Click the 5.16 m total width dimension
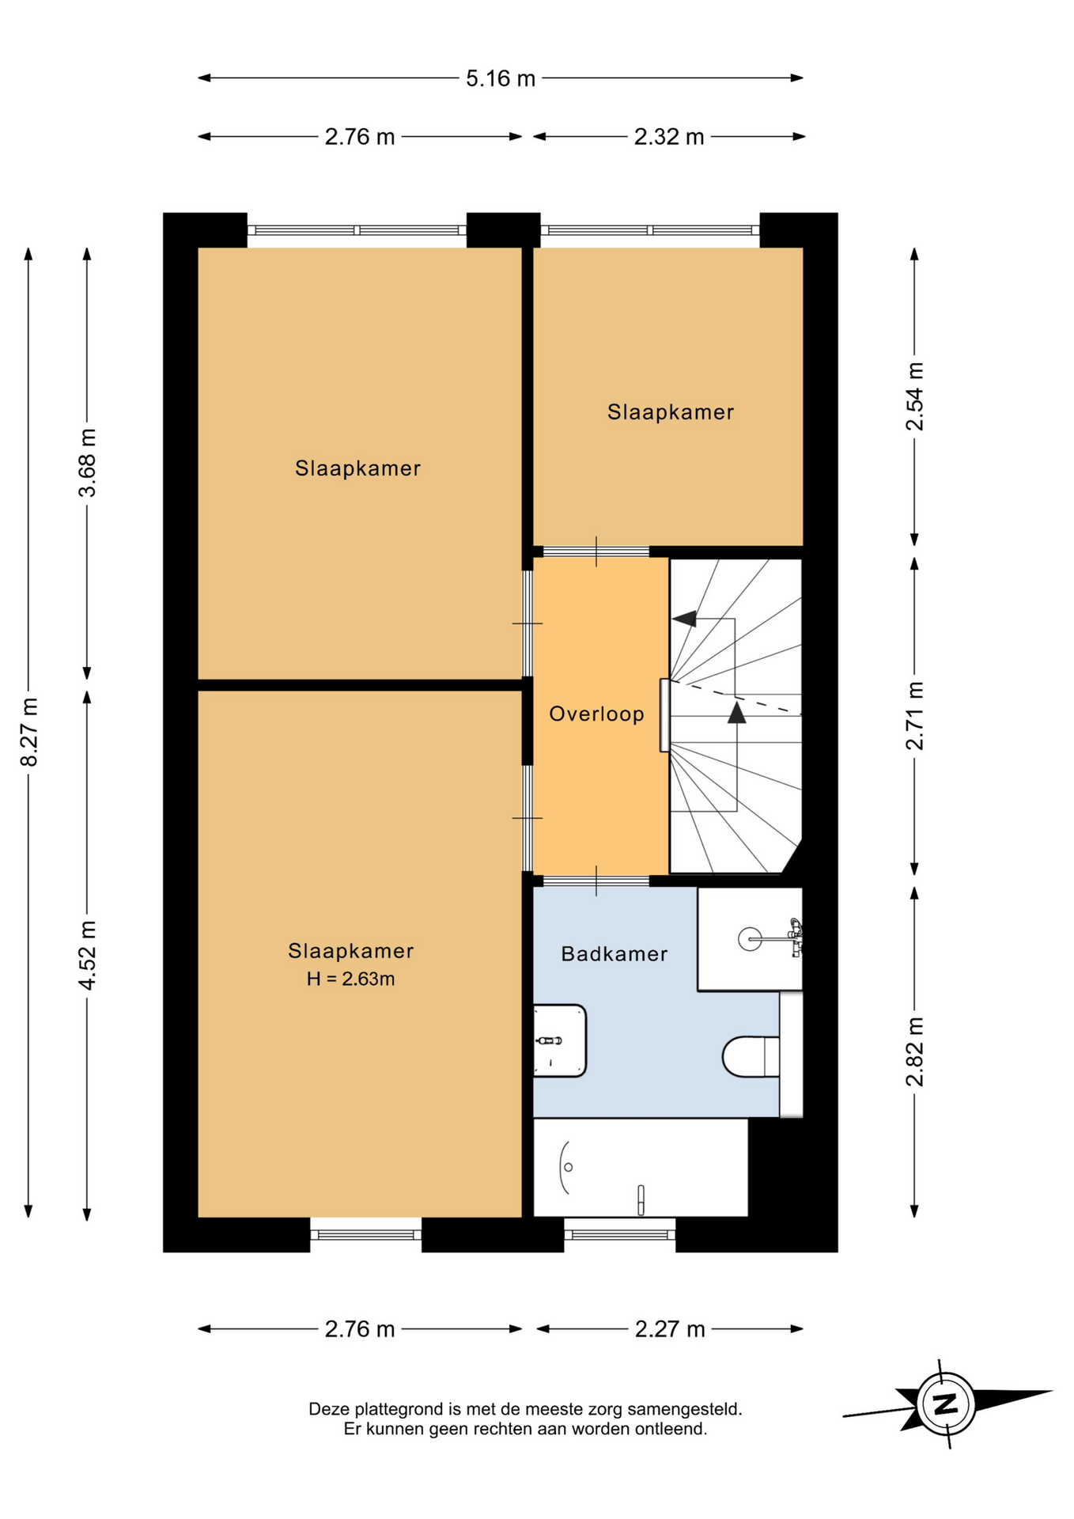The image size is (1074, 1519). (501, 78)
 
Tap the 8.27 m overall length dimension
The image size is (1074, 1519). (29, 732)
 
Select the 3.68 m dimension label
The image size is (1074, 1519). (87, 463)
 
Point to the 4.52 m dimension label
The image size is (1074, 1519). (87, 955)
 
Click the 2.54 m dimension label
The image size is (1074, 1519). (914, 396)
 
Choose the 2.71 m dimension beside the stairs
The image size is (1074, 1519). (914, 715)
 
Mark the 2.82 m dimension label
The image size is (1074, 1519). (914, 1051)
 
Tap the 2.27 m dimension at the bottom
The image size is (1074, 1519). (670, 1329)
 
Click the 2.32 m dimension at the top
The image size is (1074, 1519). (669, 137)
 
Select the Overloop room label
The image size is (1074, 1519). (597, 714)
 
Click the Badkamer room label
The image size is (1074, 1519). (615, 954)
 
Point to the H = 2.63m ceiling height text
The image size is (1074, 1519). (351, 979)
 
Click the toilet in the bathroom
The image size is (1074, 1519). (751, 1057)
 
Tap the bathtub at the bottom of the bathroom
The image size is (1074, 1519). (641, 1167)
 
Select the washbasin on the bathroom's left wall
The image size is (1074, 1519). (559, 1040)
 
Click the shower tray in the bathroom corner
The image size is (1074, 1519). (749, 939)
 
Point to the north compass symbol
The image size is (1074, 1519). (947, 1404)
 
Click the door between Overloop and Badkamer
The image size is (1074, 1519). (596, 881)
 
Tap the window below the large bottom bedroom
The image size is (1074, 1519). (365, 1234)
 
